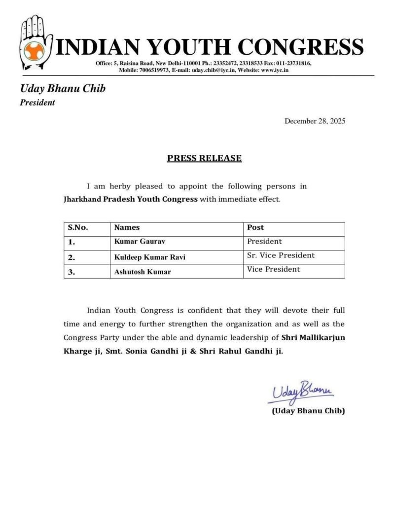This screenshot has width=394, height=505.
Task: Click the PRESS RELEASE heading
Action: pos(204,158)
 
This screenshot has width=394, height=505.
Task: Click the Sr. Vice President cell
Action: pos(281,255)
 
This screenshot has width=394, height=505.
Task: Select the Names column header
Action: pos(127,228)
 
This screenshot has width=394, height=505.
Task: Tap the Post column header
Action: pos(255,228)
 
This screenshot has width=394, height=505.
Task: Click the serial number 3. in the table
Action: pos(72,271)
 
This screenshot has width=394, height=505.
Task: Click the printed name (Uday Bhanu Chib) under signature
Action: pos(308,411)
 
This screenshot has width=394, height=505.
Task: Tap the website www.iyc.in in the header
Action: pos(275,71)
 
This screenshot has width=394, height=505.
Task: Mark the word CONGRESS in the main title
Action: pos(302,47)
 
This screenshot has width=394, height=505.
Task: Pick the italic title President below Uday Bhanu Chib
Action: pos(37,103)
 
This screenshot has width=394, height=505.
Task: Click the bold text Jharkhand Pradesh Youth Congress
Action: pos(130,200)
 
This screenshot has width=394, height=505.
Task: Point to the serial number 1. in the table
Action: pos(72,242)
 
